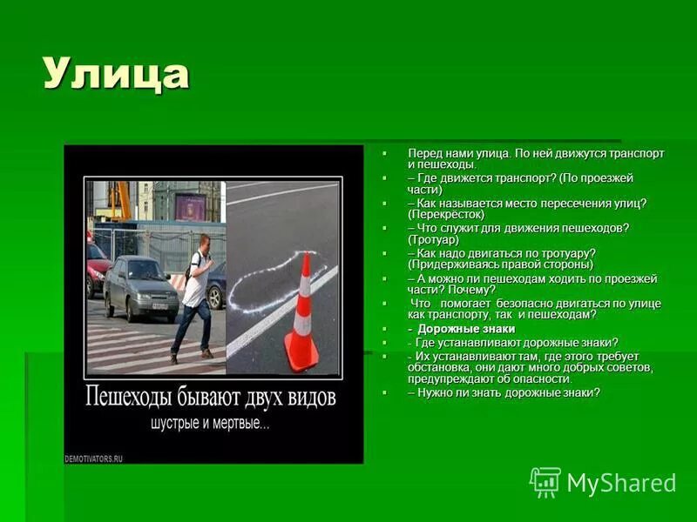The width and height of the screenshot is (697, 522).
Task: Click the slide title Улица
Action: tap(116, 74)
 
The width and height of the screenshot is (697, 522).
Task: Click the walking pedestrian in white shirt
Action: tap(194, 296)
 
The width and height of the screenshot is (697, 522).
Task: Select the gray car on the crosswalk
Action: tap(140, 288)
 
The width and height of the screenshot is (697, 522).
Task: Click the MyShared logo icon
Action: tap(545, 482)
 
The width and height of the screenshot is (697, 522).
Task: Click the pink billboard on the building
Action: tap(190, 206)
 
